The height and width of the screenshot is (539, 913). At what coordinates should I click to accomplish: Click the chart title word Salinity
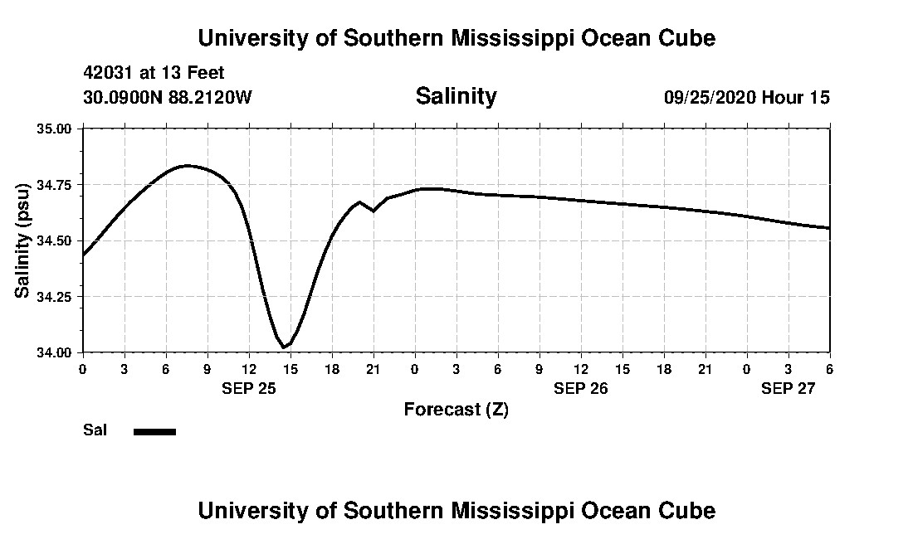(x=456, y=96)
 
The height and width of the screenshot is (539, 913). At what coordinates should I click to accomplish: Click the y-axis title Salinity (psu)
(x=23, y=240)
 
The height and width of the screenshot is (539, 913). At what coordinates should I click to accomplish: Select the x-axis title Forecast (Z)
(x=456, y=410)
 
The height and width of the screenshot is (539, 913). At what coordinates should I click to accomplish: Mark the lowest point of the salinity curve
(x=284, y=347)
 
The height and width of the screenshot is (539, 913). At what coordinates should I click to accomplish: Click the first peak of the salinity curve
(x=187, y=166)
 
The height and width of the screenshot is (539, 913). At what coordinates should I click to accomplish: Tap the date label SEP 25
(x=248, y=388)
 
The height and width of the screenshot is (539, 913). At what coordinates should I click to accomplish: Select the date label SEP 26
(x=581, y=388)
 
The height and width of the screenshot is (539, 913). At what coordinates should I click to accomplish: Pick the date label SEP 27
(x=788, y=388)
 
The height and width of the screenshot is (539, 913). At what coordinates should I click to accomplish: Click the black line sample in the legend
(x=155, y=431)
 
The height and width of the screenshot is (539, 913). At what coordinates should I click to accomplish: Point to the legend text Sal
(x=95, y=430)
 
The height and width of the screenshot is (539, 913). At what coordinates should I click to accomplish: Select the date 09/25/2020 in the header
(x=710, y=97)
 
